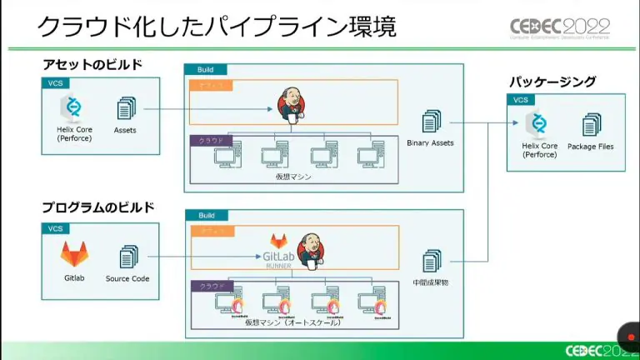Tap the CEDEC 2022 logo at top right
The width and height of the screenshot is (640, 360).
click(x=560, y=28)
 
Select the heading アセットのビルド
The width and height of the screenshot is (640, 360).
click(x=104, y=65)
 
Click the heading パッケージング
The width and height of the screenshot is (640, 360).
click(x=552, y=82)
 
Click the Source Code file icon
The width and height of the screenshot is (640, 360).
click(x=127, y=256)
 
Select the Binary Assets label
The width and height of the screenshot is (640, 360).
click(x=430, y=143)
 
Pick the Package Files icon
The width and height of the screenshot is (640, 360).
click(x=591, y=125)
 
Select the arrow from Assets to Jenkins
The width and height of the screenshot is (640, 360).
click(x=208, y=108)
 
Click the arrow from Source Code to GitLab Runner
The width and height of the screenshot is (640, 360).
click(x=204, y=256)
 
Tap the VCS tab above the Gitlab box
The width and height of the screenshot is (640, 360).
click(x=55, y=227)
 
